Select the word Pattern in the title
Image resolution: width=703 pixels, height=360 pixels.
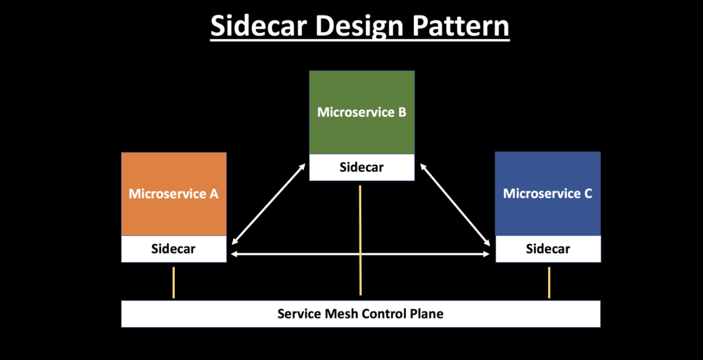coord(460,26)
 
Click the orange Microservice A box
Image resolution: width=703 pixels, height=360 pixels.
coord(174,194)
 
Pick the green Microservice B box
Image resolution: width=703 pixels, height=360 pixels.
coord(362,112)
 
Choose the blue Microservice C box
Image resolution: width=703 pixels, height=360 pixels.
coord(548,193)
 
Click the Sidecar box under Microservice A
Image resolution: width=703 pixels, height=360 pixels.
coord(174,249)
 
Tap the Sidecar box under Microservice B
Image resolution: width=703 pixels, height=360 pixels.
coord(362,167)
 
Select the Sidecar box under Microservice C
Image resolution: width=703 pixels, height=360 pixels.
coord(548,249)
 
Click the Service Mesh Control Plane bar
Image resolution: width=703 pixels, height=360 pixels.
coord(361,314)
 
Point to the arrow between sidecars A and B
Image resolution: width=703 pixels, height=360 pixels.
coord(269,203)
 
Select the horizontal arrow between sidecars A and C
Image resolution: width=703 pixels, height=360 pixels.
coord(361,254)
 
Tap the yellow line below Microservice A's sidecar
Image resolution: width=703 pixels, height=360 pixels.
coord(174,283)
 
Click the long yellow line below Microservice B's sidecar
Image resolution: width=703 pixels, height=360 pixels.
coord(360,240)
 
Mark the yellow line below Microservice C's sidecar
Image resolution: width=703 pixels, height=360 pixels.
coord(549,283)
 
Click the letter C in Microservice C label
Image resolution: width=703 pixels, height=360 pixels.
coord(587,193)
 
